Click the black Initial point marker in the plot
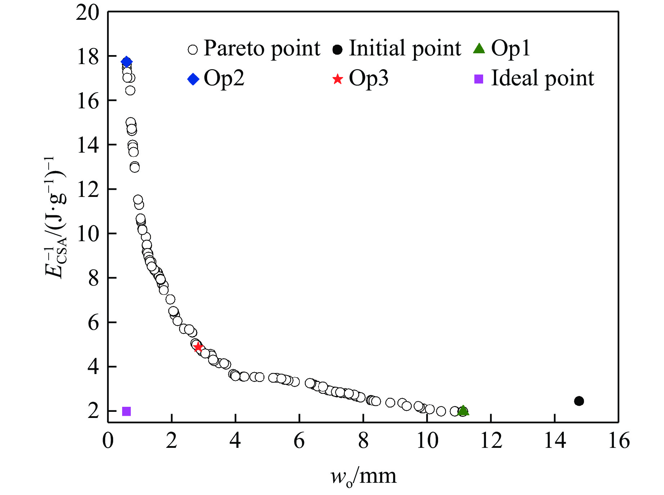[x=579, y=401]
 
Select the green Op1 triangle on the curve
[x=463, y=411]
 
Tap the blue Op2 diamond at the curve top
[x=126, y=62]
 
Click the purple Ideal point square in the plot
[x=126, y=411]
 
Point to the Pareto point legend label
[x=262, y=48]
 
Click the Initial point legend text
[x=405, y=48]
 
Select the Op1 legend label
[x=511, y=48]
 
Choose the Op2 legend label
[x=224, y=78]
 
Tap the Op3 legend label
[x=369, y=78]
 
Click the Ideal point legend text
[x=542, y=78]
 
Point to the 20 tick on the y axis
[x=87, y=13]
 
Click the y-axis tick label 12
[x=88, y=189]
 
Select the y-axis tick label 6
[x=93, y=323]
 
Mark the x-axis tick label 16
[x=619, y=441]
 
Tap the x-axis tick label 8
[x=363, y=441]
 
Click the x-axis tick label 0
[x=108, y=441]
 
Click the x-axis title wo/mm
[x=363, y=476]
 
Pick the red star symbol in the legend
[x=338, y=79]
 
